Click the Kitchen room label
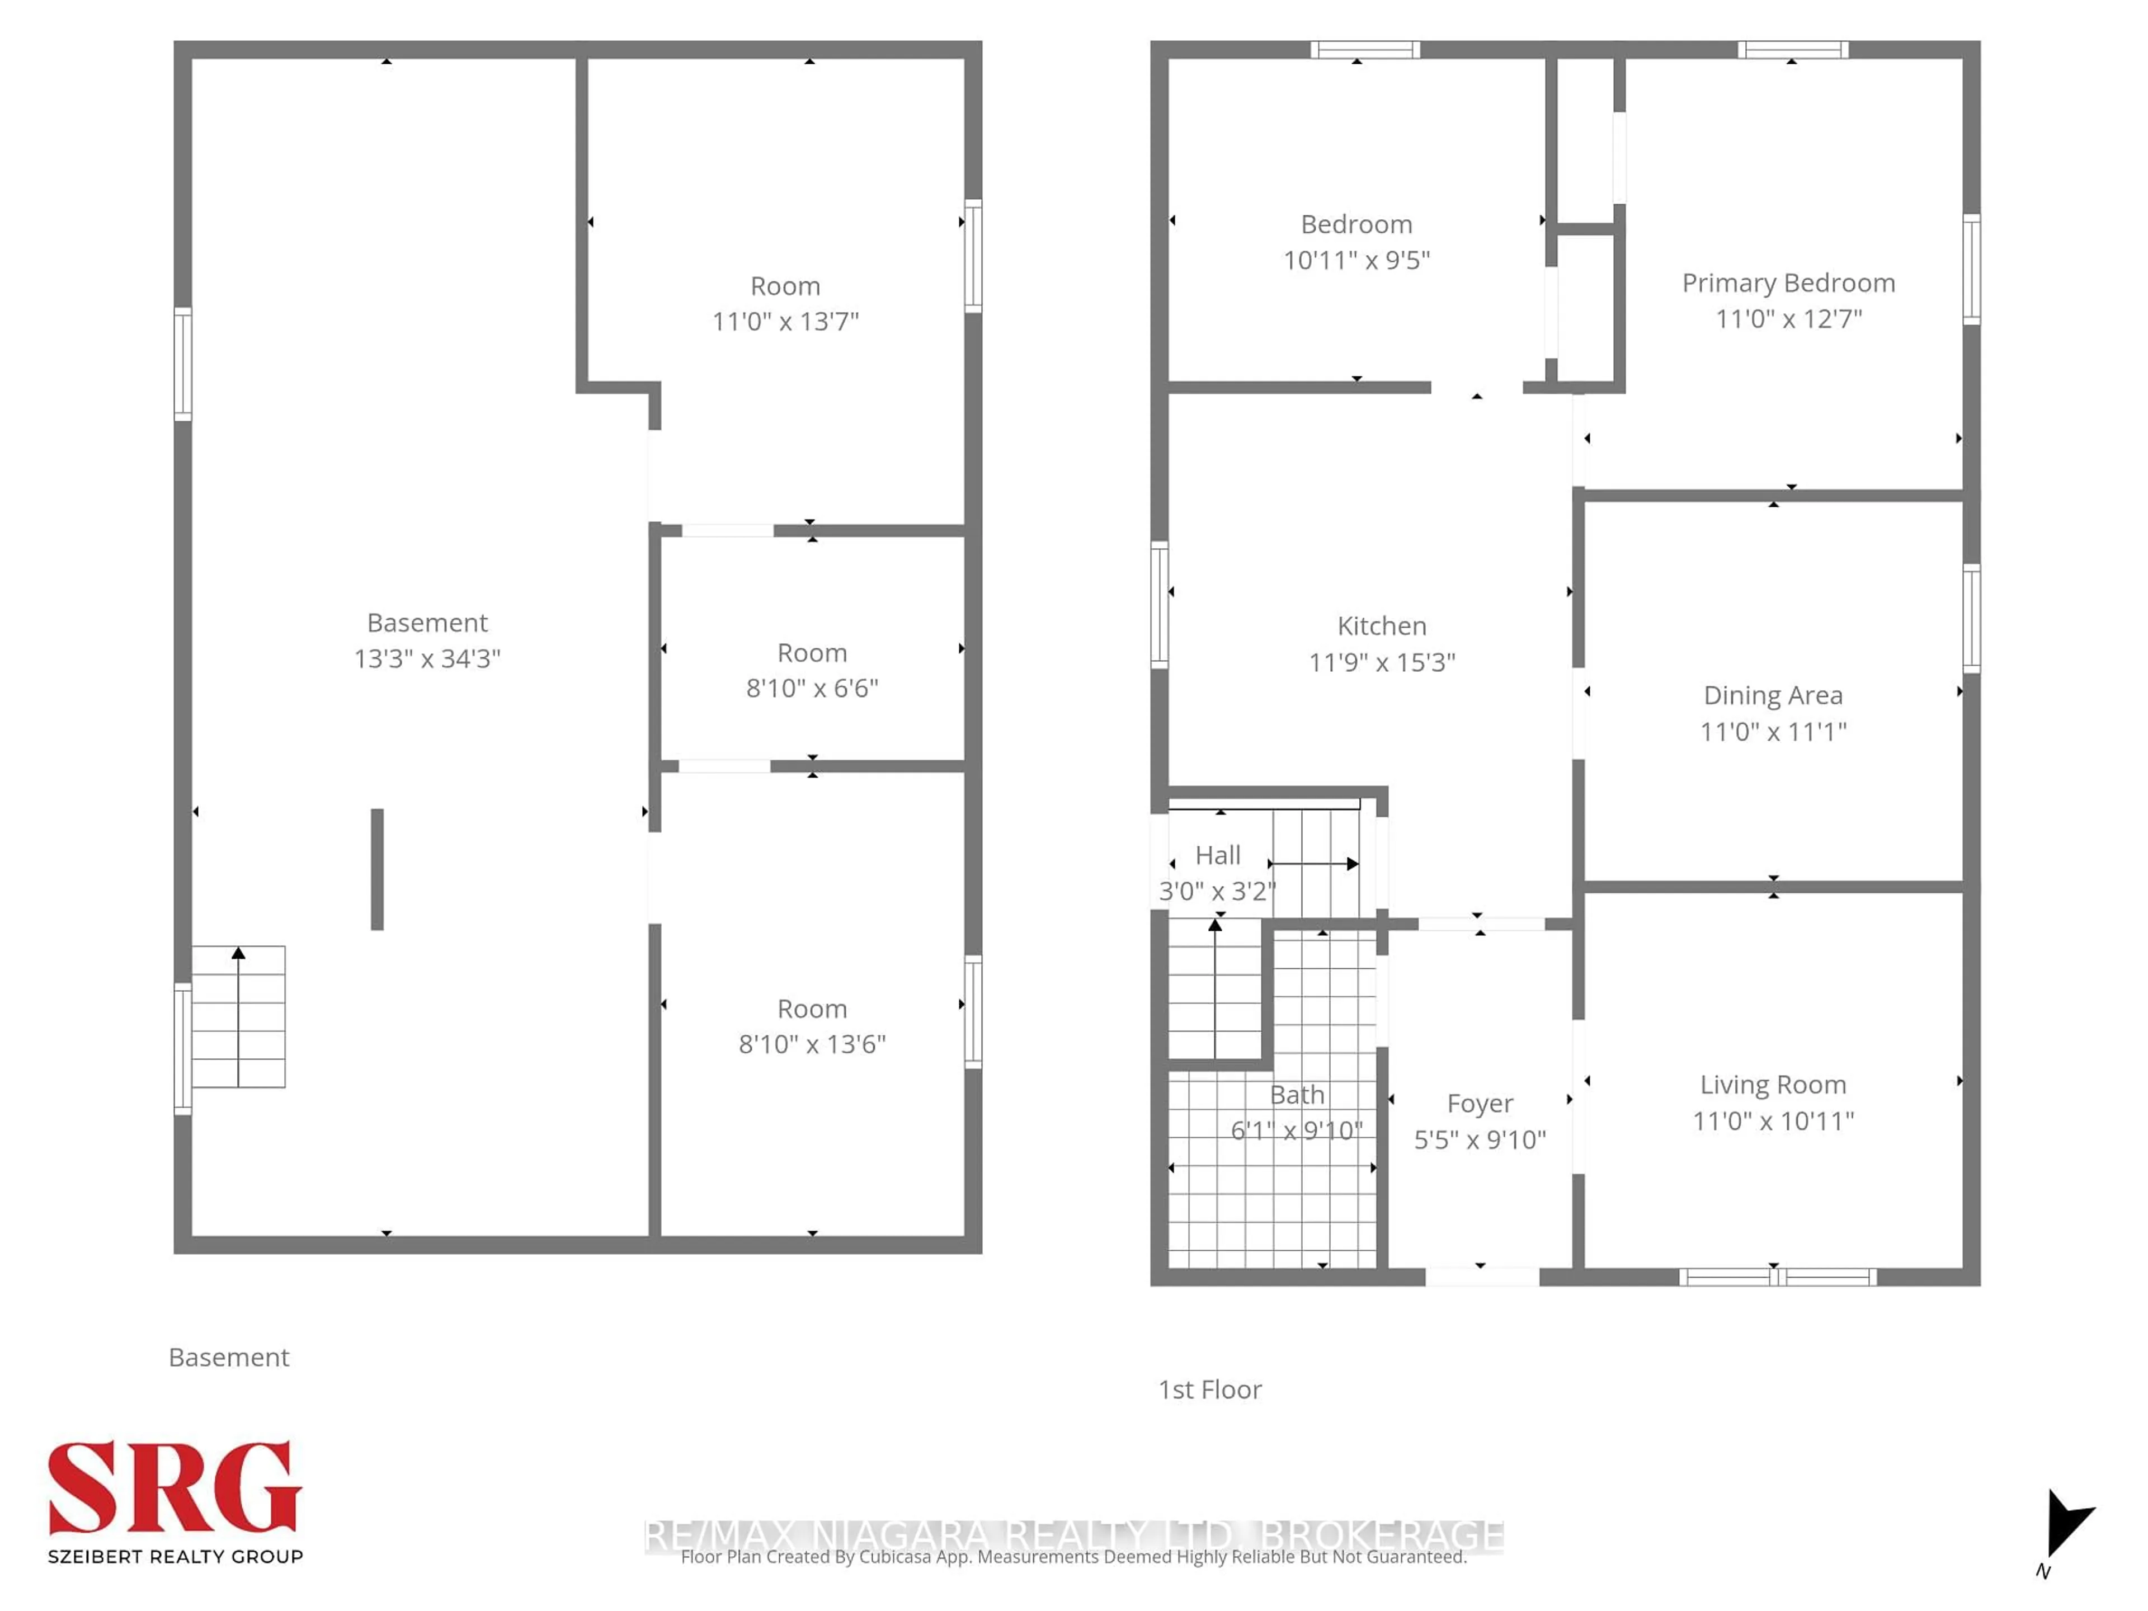[1381, 626]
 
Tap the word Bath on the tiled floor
[1297, 1094]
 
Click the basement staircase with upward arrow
[238, 1017]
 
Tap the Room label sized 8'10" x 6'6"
[812, 653]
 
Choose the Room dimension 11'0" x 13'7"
[785, 322]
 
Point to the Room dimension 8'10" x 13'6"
[812, 1044]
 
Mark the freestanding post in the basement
[377, 869]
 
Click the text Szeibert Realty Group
[175, 1557]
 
